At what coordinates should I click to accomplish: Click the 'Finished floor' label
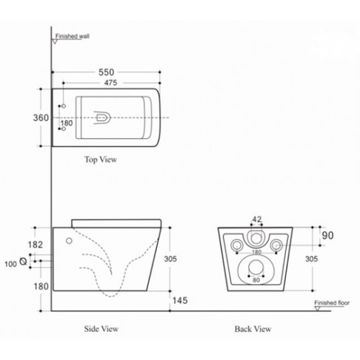point(332,304)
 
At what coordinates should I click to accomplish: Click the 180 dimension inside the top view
point(67,123)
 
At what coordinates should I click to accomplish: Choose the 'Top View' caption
point(100,159)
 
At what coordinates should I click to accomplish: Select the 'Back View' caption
point(253,329)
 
